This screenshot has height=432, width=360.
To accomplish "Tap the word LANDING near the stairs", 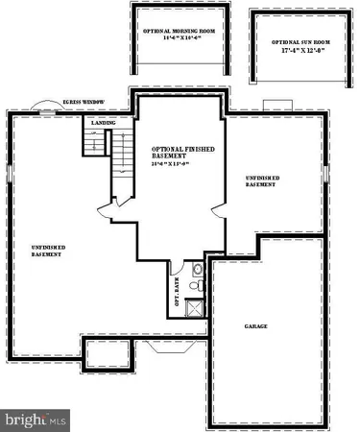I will click(103, 124).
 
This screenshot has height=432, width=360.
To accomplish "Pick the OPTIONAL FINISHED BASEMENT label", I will click(181, 154).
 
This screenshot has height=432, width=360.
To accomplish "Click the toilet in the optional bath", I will click(194, 285).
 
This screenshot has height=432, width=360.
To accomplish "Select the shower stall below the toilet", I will click(194, 308).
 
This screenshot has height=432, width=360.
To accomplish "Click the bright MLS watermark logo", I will click(36, 420).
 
